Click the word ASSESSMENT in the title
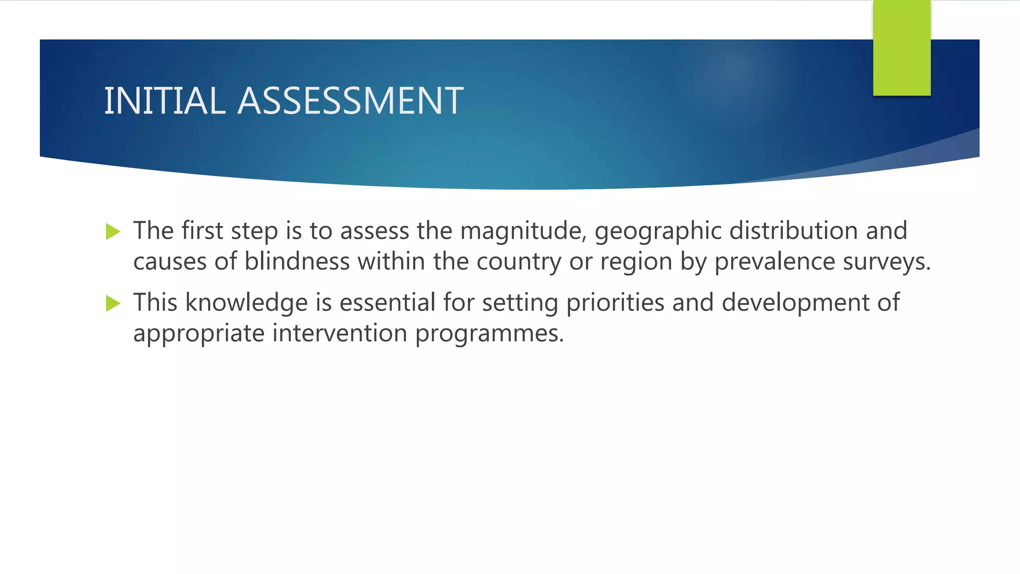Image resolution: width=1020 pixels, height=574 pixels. coord(350,101)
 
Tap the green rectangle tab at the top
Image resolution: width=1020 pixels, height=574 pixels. coord(901,47)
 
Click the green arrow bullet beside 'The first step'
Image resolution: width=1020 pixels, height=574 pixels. coord(114,232)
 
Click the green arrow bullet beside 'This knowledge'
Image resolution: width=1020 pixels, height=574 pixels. coord(114,303)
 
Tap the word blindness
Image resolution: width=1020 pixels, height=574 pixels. coord(297,262)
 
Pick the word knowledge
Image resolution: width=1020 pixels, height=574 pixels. coord(247,303)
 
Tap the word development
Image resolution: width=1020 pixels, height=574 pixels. coord(795,303)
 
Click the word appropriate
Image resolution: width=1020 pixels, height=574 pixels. coord(199,334)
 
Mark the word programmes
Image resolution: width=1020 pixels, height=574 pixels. coord(489,334)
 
